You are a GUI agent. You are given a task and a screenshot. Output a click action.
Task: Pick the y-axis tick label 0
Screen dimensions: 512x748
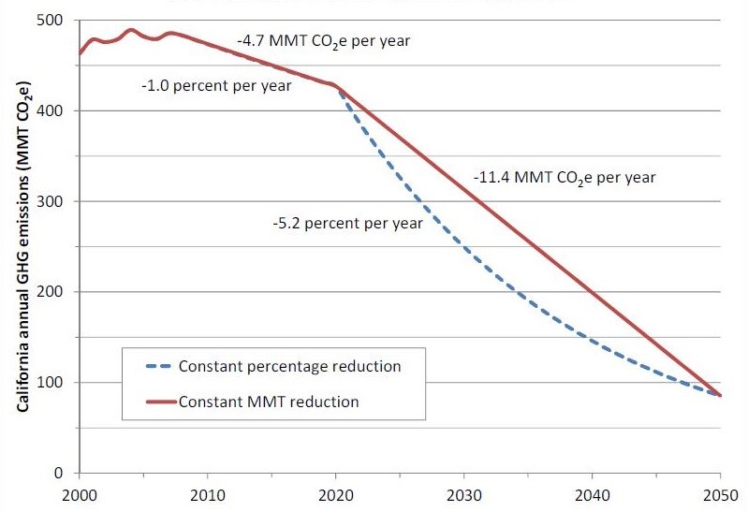pos(65,474)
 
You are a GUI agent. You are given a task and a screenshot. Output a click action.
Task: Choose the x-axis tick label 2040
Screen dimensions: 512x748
pos(593,495)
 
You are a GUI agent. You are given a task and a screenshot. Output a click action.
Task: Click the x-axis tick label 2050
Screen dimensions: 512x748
pos(721,495)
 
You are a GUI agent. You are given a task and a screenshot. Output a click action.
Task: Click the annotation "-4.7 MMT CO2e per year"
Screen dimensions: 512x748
pos(323,42)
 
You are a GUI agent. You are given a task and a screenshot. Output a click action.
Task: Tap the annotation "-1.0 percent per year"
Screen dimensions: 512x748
pos(216,85)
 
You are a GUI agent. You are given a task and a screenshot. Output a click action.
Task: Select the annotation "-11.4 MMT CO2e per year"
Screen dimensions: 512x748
pos(564,177)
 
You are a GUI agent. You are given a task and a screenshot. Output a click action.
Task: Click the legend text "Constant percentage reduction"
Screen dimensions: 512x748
pos(289,366)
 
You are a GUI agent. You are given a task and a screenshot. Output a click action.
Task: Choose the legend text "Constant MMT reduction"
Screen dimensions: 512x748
pos(268,402)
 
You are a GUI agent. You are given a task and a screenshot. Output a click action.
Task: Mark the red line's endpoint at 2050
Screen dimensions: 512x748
pos(721,396)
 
